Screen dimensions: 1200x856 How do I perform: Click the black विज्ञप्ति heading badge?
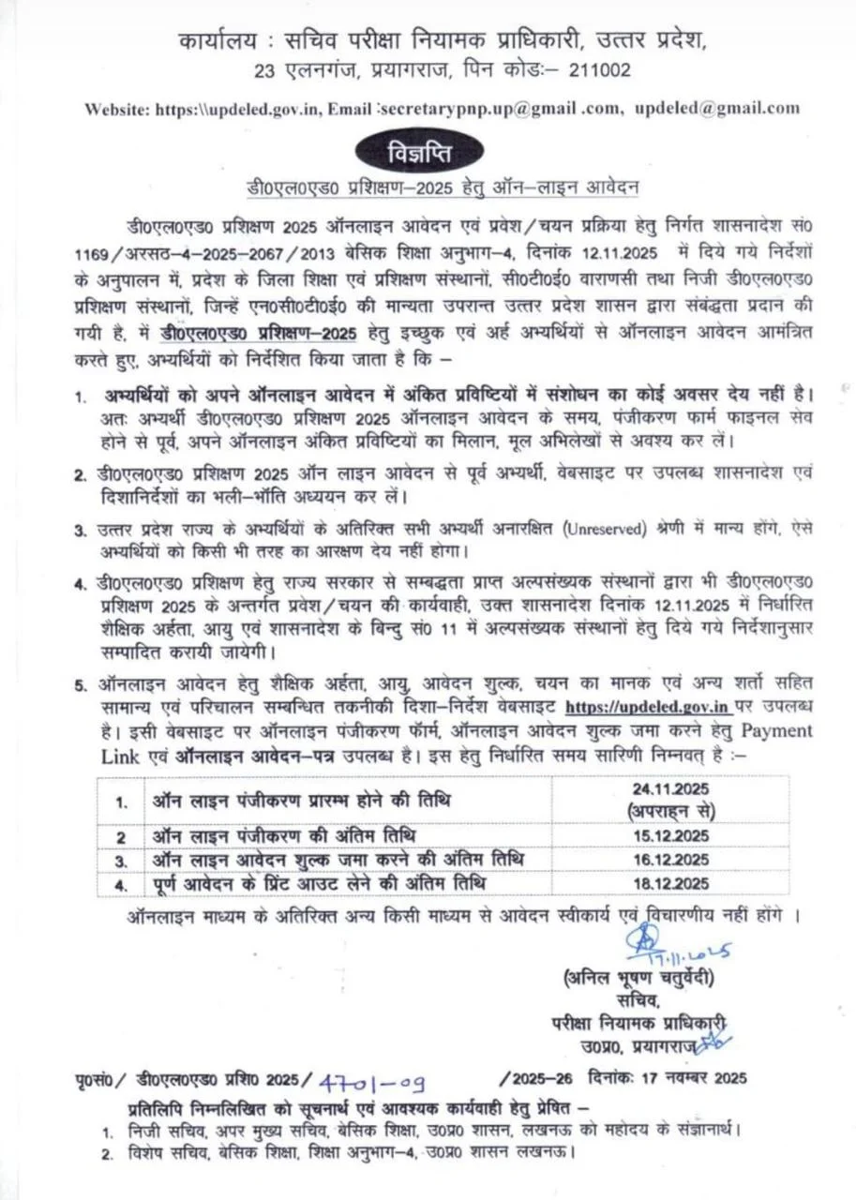click(420, 150)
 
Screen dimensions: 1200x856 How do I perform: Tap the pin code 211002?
click(597, 70)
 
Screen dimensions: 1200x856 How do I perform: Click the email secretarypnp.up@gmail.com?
click(478, 108)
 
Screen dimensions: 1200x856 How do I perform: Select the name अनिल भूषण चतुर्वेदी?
click(640, 978)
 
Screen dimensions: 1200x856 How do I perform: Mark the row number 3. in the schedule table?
click(121, 860)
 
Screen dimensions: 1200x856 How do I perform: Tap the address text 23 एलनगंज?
click(292, 70)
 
